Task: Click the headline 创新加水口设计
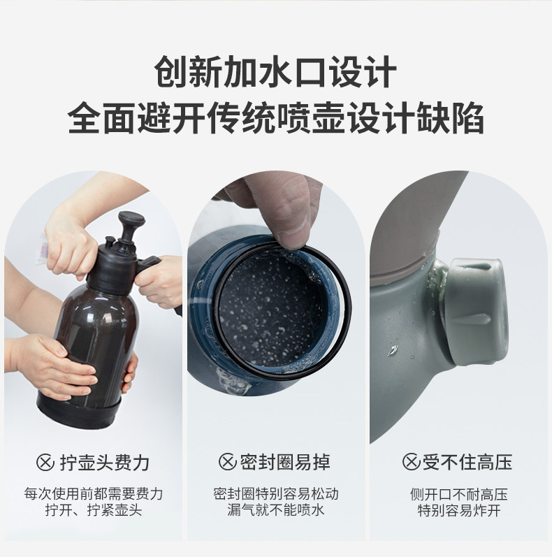[x=275, y=72]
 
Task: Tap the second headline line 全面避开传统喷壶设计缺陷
[x=275, y=117]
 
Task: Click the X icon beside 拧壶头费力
[x=45, y=462]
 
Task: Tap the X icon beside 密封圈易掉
[x=227, y=462]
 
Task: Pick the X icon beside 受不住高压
[x=412, y=462]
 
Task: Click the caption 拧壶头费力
[x=105, y=463]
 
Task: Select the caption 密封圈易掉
[x=285, y=462]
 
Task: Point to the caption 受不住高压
[x=467, y=462]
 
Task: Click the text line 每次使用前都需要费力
[x=94, y=494]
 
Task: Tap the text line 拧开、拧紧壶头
[x=94, y=510]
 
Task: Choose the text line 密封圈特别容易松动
[x=276, y=494]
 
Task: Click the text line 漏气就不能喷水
[x=276, y=510]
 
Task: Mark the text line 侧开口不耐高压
[x=459, y=494]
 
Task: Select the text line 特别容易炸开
[x=459, y=510]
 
